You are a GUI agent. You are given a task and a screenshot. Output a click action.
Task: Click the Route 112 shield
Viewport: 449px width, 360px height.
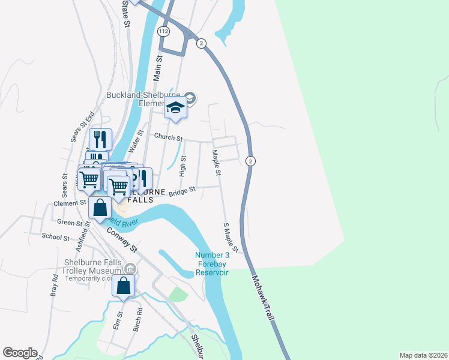tap(164, 31)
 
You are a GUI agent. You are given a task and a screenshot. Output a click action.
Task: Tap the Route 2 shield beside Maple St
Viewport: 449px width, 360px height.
tap(251, 161)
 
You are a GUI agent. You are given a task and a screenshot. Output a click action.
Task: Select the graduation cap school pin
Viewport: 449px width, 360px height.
tap(175, 108)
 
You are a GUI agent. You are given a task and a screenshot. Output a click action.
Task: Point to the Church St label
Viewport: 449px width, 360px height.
tap(168, 137)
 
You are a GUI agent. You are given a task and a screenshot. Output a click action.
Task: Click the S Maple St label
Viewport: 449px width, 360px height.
tap(231, 237)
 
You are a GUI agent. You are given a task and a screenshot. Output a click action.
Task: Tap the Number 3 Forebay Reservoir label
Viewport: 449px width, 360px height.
tap(211, 264)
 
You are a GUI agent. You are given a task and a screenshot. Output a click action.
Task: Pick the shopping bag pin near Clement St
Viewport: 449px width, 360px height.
tap(101, 208)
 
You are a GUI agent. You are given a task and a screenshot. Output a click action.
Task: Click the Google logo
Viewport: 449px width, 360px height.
tap(20, 353)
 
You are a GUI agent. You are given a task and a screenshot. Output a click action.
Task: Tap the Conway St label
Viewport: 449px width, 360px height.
tap(122, 239)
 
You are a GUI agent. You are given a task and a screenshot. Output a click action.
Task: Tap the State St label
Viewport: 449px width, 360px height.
tap(126, 13)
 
